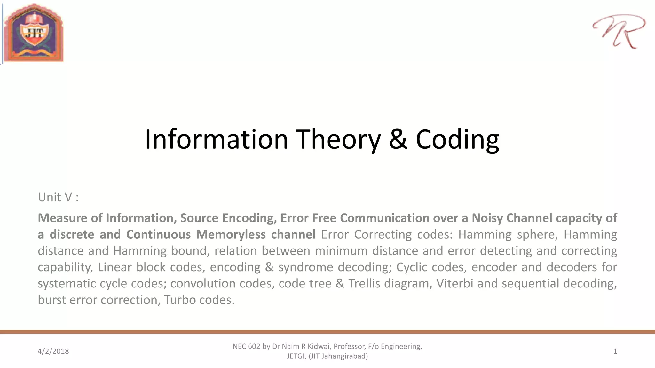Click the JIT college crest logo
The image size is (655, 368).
[x=34, y=33]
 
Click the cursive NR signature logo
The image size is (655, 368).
[x=619, y=31]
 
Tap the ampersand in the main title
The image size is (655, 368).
[x=398, y=139]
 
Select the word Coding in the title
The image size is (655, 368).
[x=457, y=139]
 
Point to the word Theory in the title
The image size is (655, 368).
[x=338, y=139]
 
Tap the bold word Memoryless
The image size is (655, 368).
[x=231, y=234]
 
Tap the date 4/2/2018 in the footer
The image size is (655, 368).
[x=53, y=351]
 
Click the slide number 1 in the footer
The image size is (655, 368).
[x=615, y=351]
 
